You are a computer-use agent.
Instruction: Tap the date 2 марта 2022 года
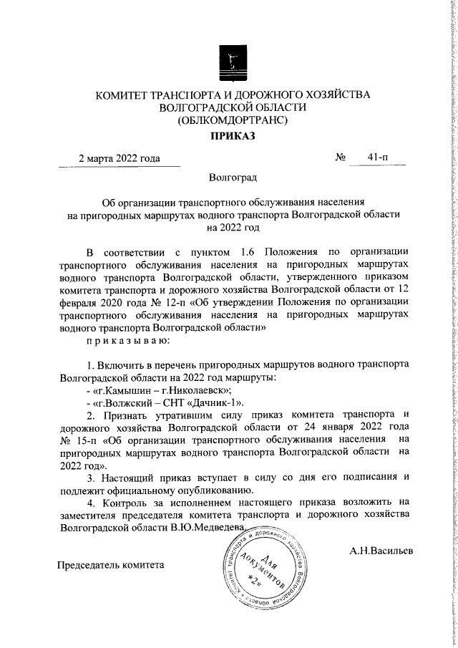119,178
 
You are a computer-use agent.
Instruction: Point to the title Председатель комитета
111,564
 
